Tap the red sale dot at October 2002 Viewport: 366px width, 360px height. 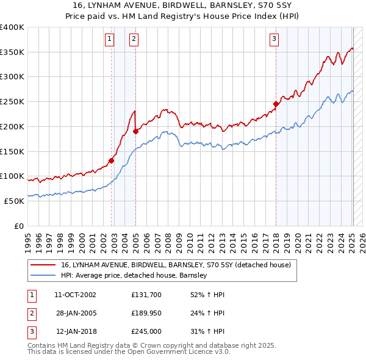coord(112,161)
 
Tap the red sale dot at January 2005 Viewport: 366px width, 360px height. coord(135,131)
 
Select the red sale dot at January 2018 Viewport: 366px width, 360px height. coord(276,104)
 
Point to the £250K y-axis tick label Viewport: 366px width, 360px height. coord(12,102)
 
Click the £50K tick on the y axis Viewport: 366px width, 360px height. coord(14,201)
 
